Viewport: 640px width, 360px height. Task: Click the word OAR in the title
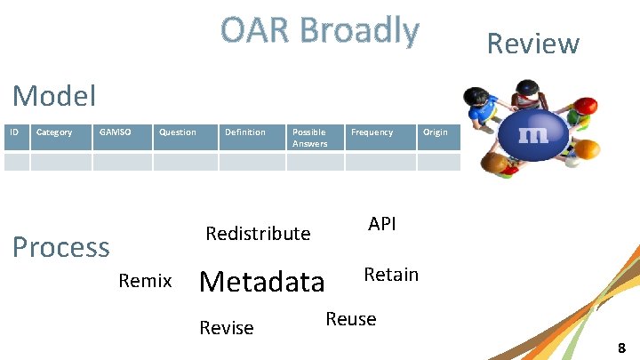coord(255,30)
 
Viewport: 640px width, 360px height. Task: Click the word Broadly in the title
coord(358,30)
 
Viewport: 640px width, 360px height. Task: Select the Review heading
coord(532,44)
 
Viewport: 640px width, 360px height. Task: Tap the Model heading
coord(55,95)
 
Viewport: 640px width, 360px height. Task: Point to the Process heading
coord(61,246)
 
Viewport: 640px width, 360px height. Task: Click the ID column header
coord(14,132)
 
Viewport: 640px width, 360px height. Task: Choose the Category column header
coord(54,132)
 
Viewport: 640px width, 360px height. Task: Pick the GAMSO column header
coord(115,132)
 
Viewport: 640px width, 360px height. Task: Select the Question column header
coord(177,132)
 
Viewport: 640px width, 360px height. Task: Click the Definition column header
coord(244,132)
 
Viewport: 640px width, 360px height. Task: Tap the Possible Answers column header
coord(309,138)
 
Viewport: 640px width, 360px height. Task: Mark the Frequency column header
coord(372,132)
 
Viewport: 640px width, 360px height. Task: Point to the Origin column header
coord(436,132)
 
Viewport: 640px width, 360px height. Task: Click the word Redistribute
coord(258,234)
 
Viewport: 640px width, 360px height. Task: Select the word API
coord(381,224)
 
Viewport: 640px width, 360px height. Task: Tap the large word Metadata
coord(262,282)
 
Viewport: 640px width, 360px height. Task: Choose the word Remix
coord(145,282)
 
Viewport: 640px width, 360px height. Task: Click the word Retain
coord(391,275)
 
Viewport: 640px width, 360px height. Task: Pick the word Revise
coord(227,328)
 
